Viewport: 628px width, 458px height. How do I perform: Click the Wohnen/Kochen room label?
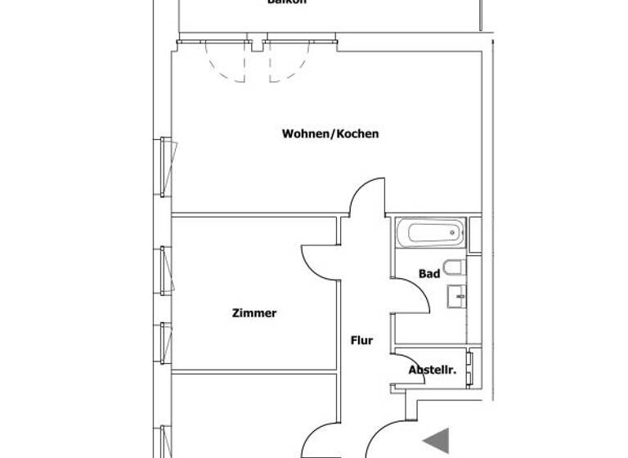coord(330,134)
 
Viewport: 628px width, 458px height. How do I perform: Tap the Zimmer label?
coord(254,313)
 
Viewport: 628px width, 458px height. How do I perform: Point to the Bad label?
coord(429,274)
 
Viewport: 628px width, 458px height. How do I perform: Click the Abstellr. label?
coord(431,370)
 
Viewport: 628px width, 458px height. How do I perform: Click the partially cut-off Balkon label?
coord(287,2)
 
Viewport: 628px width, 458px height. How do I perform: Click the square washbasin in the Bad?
coord(456,295)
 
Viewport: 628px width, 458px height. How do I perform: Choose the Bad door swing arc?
coord(412,294)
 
